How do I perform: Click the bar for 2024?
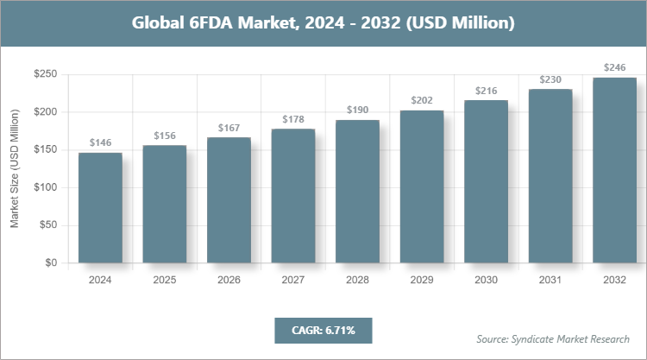tap(100, 208)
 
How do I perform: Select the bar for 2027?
tap(292, 196)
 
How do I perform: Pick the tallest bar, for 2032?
tap(614, 170)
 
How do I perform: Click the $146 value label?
tap(100, 143)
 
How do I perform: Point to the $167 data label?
tap(229, 128)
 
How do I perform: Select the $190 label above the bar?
tap(357, 111)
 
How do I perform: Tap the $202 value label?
tap(422, 101)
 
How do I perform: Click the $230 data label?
tap(550, 79)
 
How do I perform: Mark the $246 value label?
tap(614, 67)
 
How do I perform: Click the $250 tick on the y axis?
tap(45, 75)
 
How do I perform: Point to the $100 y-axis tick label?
tap(45, 188)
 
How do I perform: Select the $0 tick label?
tap(51, 263)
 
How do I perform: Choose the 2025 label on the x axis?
tap(164, 280)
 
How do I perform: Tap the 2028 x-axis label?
tap(357, 280)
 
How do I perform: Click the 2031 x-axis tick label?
tap(550, 280)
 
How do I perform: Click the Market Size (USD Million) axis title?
tap(15, 169)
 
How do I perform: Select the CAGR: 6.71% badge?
tap(323, 330)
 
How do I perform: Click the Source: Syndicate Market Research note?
tap(552, 339)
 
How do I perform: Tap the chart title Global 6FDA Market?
tap(323, 23)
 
